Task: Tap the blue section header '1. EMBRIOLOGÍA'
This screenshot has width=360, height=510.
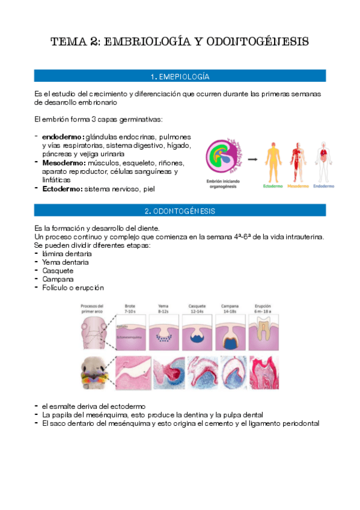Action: [180, 76]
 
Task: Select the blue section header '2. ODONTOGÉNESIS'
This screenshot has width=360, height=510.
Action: [180, 211]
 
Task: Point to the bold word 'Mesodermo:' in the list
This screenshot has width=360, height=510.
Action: [64, 163]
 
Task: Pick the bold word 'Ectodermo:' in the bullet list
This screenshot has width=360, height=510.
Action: [63, 189]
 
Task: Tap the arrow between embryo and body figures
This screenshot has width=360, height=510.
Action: [254, 159]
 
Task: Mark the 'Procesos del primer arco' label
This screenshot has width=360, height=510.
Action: [93, 308]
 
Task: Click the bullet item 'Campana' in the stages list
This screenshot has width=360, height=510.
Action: [58, 279]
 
